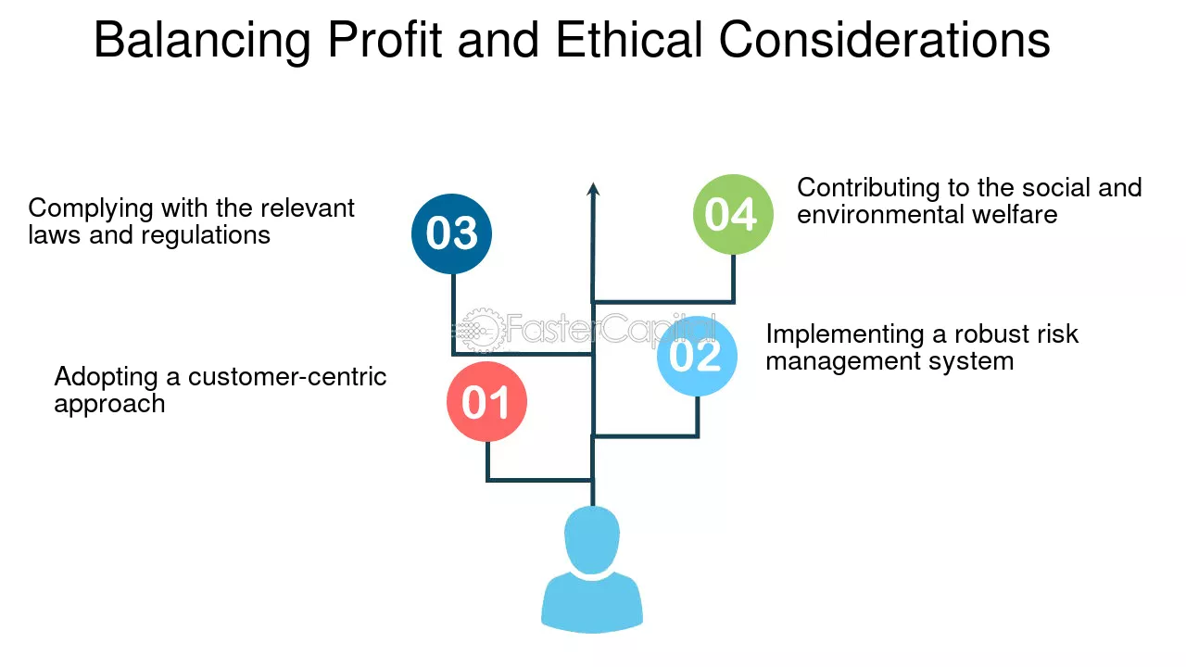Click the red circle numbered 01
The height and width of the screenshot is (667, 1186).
[x=486, y=402]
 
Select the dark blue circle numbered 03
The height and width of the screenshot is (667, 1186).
[x=451, y=233]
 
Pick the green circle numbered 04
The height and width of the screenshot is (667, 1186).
[x=732, y=214]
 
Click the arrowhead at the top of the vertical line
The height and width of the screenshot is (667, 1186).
[x=593, y=189]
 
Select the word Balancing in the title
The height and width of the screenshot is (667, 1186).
[x=203, y=41]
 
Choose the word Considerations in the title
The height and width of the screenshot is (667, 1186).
[x=884, y=41]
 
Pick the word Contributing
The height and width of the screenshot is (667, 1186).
[x=868, y=187]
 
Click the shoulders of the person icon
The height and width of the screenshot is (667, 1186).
[x=592, y=602]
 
